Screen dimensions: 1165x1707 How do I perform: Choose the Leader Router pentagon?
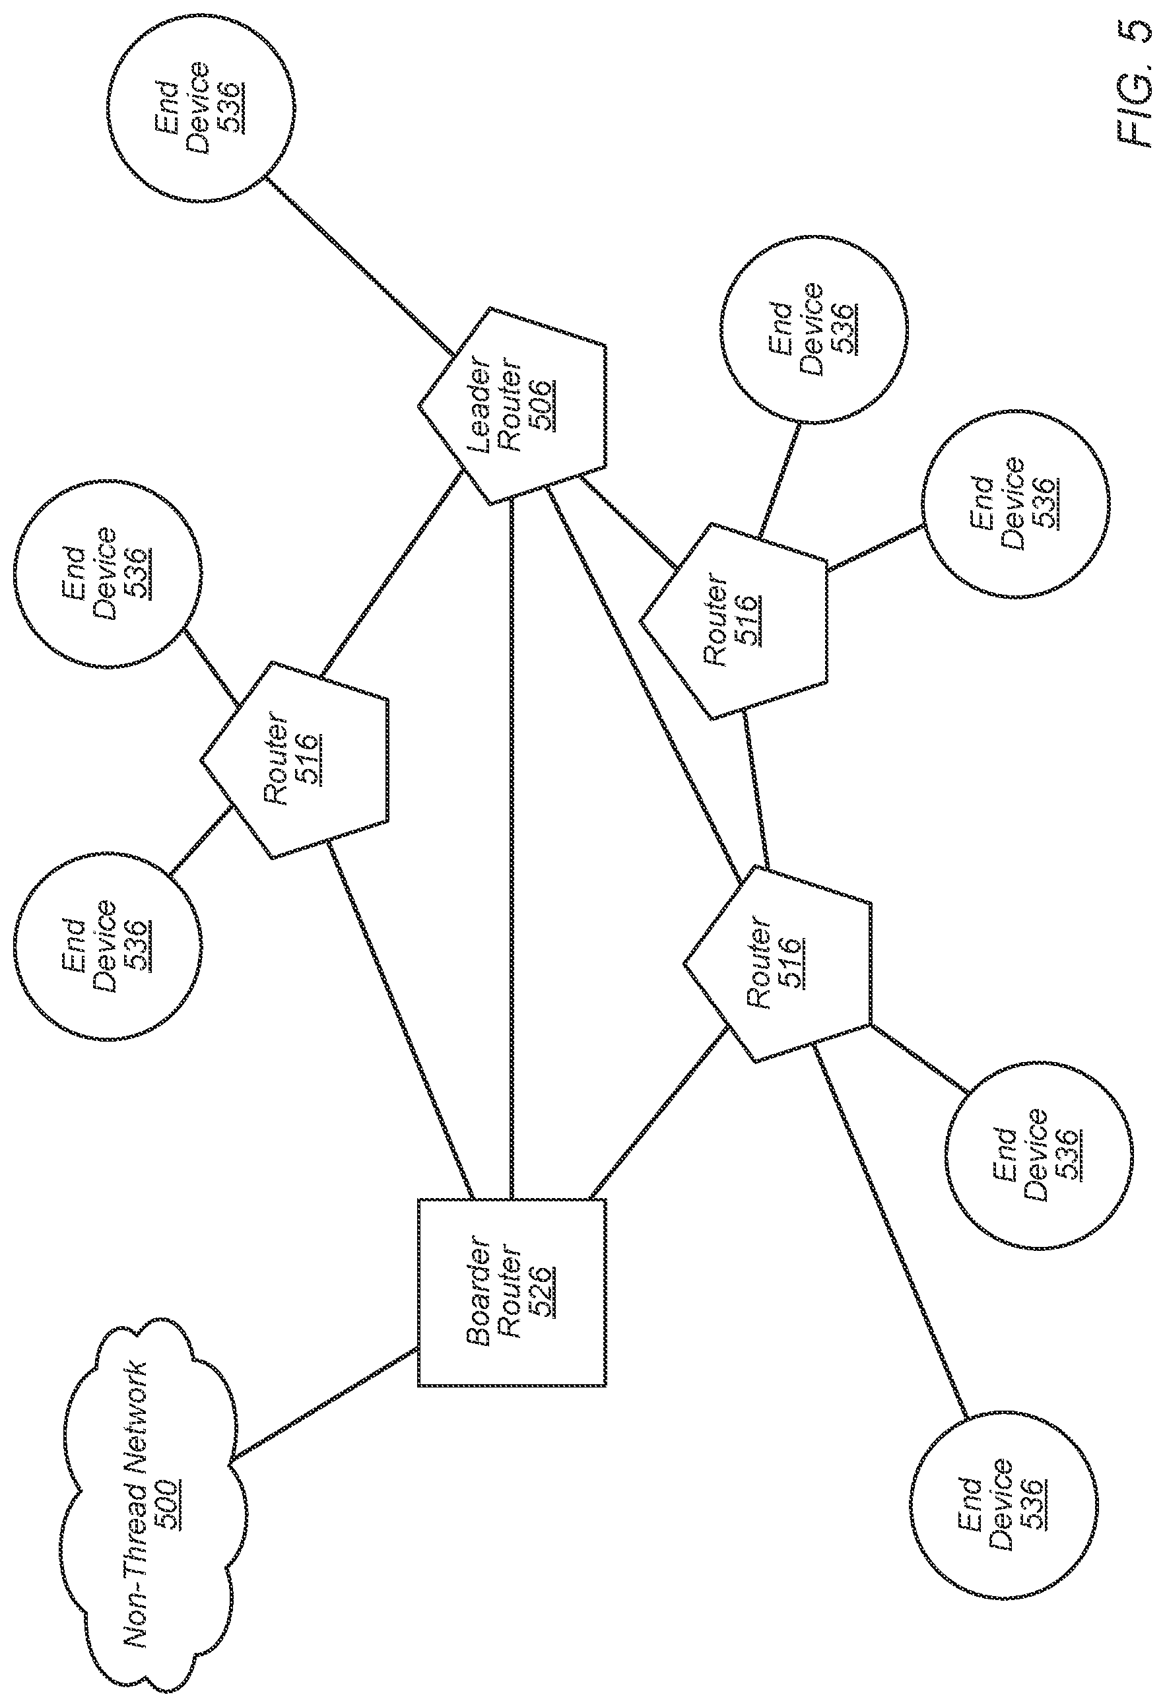513,406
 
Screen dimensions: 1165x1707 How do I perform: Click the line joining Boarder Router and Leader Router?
512,848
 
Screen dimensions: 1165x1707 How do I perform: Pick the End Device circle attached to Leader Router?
201,107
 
